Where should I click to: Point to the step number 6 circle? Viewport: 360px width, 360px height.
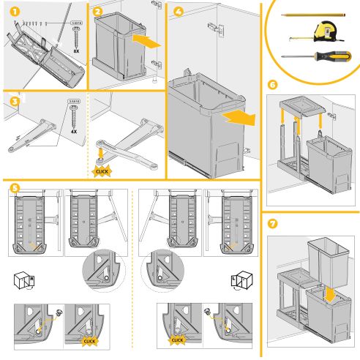pos(272,85)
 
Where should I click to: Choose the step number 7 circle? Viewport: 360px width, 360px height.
pos(272,222)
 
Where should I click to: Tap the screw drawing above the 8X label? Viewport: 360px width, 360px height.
pos(75,32)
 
